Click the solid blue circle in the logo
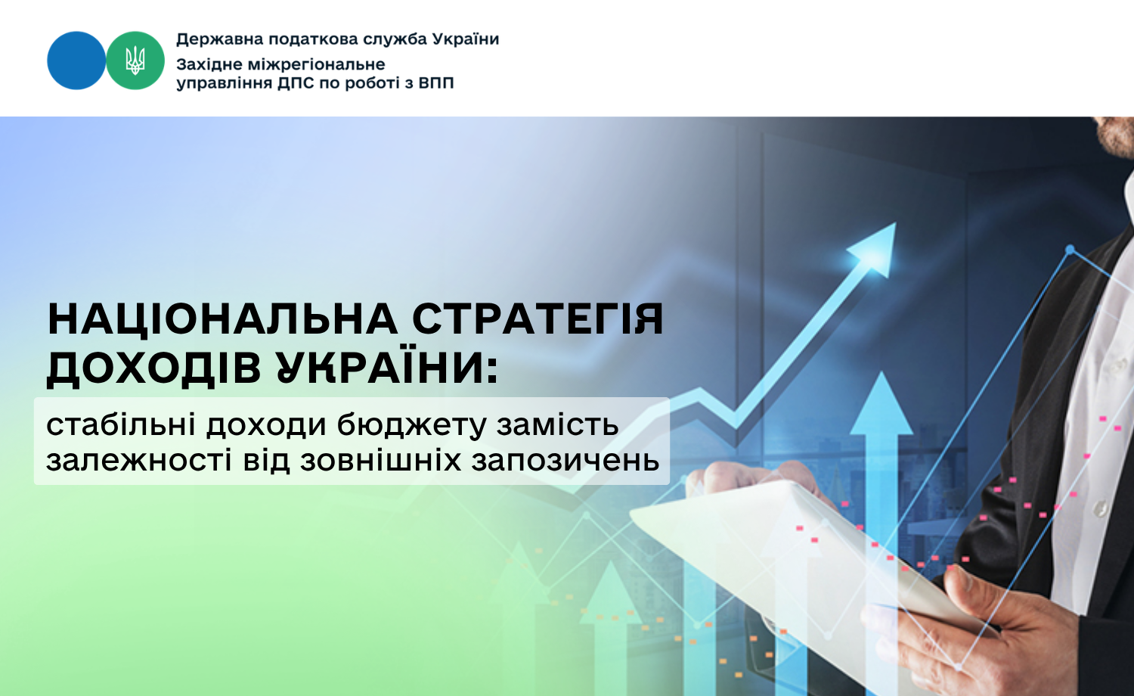(x=76, y=61)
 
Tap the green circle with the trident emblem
(x=135, y=61)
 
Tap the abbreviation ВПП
(x=436, y=82)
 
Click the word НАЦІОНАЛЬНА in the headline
(x=223, y=319)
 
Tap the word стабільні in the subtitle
(x=121, y=424)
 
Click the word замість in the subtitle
(x=557, y=424)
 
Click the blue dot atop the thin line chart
(x=1070, y=250)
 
